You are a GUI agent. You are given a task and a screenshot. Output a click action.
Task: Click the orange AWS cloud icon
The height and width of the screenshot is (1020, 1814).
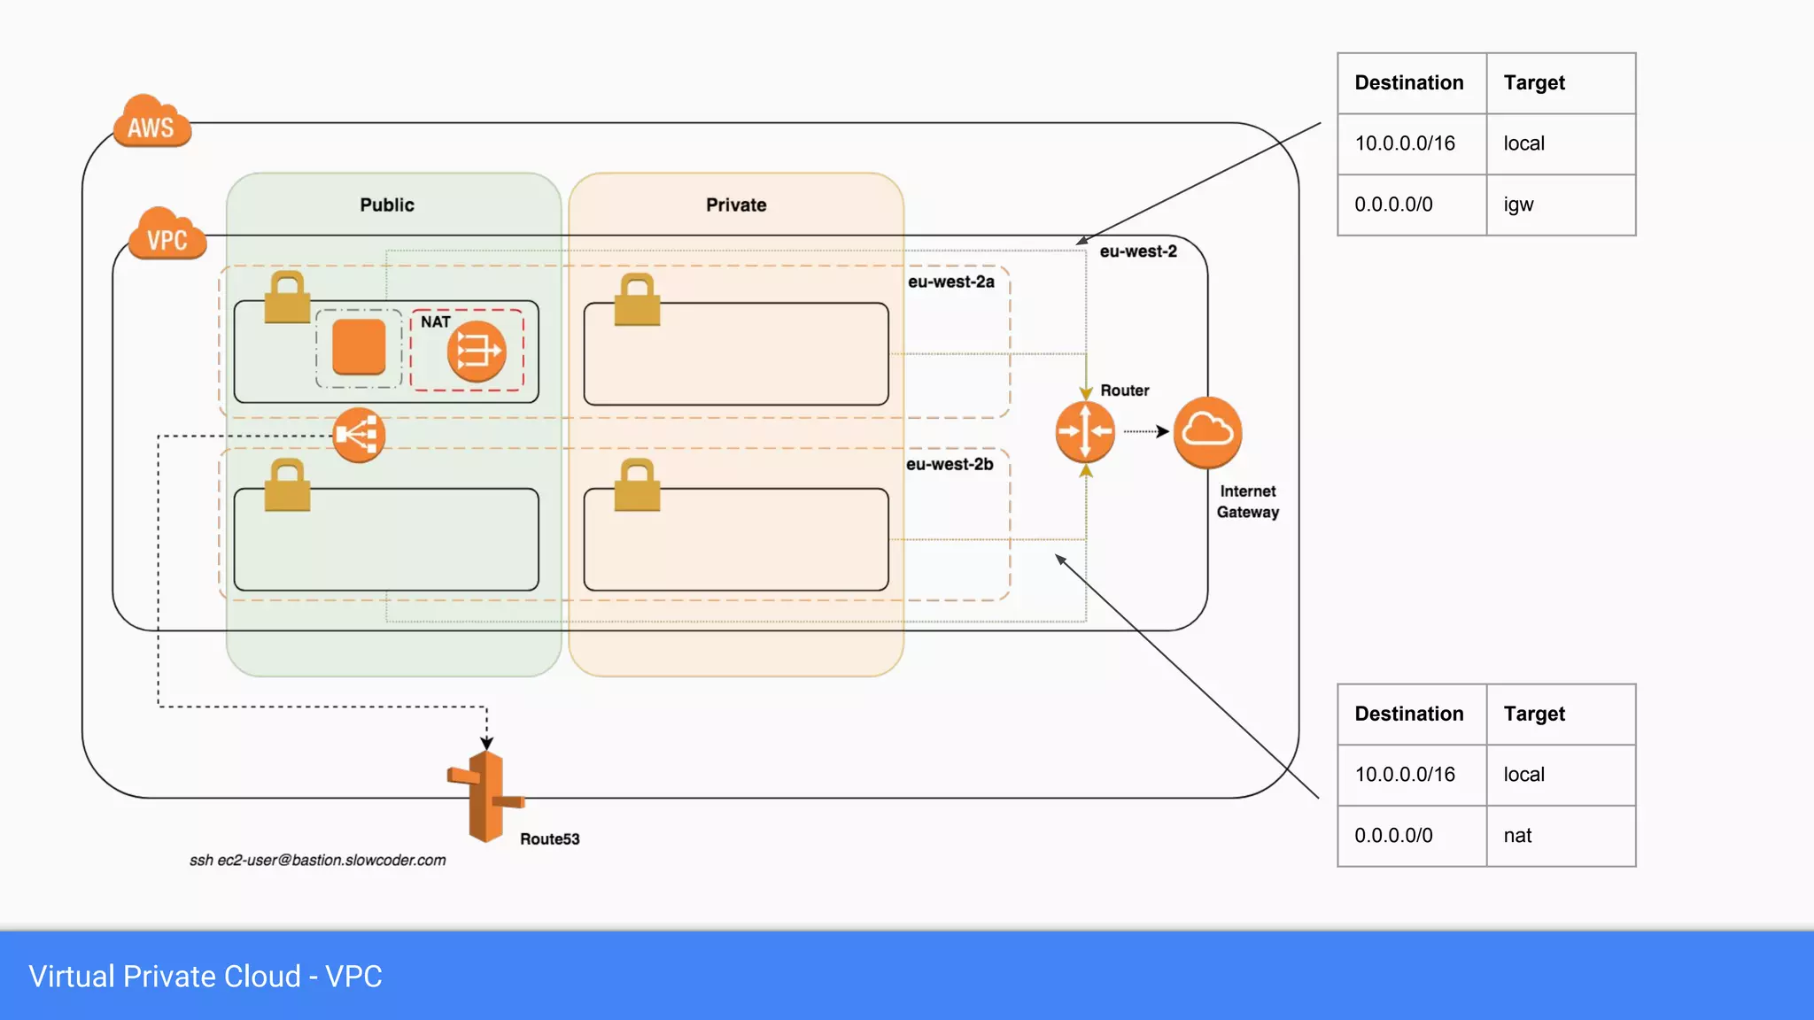[151, 122]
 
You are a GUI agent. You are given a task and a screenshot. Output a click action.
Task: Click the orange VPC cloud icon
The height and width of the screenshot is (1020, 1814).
[167, 235]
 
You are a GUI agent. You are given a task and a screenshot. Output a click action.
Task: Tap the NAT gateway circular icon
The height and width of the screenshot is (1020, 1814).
[477, 352]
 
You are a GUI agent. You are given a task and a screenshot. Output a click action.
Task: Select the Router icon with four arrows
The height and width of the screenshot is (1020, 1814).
[1085, 431]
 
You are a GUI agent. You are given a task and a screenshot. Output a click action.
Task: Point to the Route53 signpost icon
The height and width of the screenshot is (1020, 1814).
[485, 796]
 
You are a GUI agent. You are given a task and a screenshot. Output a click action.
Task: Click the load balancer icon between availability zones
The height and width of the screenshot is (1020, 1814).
[359, 435]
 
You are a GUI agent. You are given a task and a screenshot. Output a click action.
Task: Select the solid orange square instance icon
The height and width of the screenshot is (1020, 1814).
[359, 347]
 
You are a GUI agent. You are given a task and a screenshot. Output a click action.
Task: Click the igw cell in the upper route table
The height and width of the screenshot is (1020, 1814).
[1518, 205]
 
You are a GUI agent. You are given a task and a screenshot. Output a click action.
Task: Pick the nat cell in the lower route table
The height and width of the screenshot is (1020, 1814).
[1517, 836]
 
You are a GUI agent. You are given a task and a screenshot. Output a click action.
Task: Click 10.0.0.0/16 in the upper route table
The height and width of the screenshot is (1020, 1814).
[1405, 143]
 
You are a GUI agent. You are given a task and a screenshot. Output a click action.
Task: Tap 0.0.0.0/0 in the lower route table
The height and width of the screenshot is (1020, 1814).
[1393, 836]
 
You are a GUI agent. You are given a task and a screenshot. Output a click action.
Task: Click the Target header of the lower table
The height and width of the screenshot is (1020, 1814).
[1534, 714]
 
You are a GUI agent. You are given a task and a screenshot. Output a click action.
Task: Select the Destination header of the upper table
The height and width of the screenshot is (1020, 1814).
[1409, 82]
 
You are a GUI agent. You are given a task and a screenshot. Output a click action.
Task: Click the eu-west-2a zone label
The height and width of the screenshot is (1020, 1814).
[950, 282]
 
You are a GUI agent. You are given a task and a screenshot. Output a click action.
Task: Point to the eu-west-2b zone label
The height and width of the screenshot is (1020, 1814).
[950, 464]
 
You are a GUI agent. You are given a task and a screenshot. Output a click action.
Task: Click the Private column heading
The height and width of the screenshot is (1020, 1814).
[736, 205]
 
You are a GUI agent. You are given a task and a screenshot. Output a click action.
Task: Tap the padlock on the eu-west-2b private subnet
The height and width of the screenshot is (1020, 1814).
[637, 485]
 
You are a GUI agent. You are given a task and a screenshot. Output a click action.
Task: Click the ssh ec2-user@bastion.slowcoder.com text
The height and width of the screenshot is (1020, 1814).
[317, 860]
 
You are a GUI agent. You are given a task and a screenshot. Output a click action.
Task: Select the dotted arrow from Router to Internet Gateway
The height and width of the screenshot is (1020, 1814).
[1146, 431]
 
